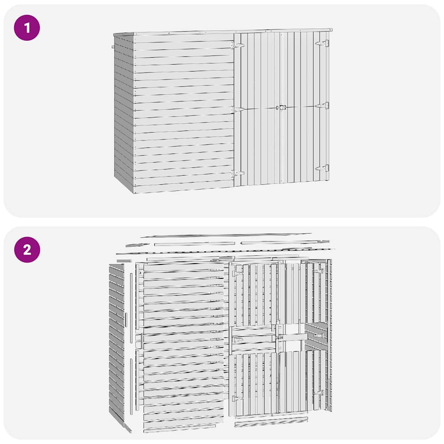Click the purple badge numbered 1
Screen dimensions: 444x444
point(27,28)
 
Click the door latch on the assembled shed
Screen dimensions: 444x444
point(282,107)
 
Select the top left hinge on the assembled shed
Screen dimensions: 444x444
point(238,45)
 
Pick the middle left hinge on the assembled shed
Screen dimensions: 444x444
point(238,109)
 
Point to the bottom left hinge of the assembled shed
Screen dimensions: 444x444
point(238,173)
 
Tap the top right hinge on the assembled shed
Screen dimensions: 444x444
point(323,43)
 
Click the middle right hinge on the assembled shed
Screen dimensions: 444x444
point(323,105)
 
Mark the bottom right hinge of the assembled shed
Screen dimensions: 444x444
point(323,168)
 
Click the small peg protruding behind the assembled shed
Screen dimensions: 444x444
point(113,47)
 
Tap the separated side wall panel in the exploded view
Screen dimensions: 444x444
point(116,343)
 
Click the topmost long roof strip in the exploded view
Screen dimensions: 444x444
point(212,235)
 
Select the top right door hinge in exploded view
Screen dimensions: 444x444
point(320,271)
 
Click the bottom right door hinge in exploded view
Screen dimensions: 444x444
point(320,392)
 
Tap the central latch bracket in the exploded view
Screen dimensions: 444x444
point(280,337)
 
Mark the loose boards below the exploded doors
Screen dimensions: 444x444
point(271,421)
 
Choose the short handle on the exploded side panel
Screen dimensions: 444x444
point(126,320)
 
